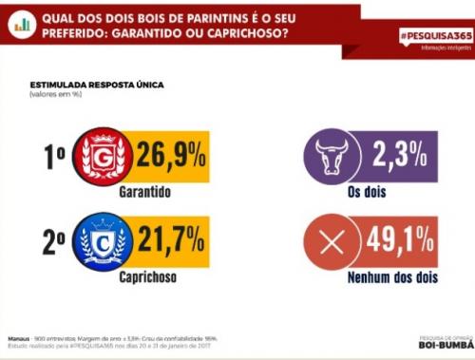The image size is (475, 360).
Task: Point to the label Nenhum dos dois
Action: [x=382, y=279]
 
